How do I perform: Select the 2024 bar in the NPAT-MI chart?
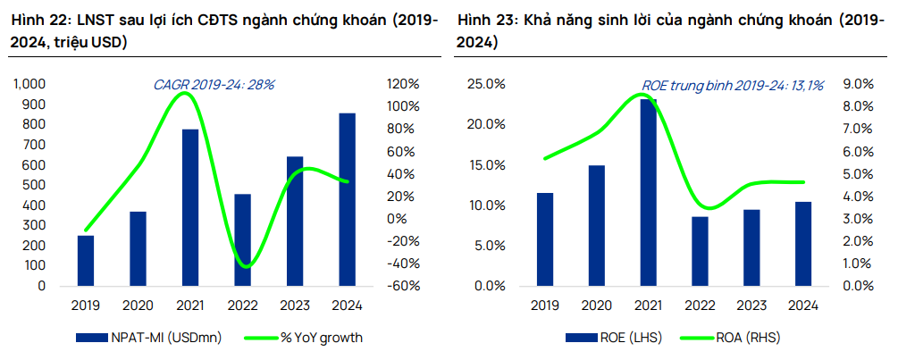[x=348, y=200]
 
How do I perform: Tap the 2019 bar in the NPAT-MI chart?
[x=86, y=261]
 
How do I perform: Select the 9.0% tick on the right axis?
[x=857, y=84]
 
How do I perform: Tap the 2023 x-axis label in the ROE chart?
[x=751, y=306]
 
